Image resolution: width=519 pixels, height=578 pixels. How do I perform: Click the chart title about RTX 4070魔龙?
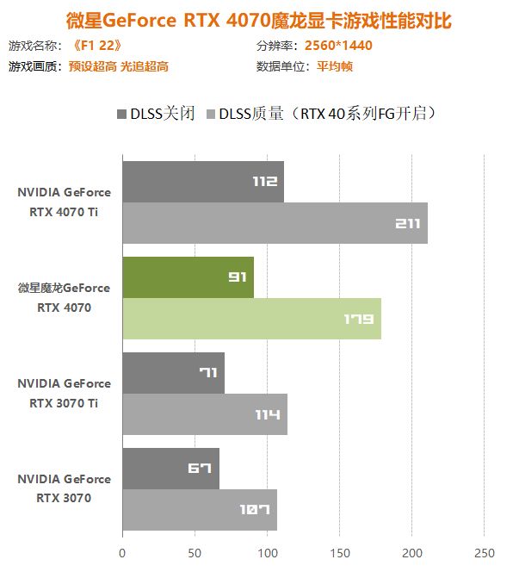(x=259, y=19)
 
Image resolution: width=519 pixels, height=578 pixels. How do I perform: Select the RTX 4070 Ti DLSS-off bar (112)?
(x=202, y=182)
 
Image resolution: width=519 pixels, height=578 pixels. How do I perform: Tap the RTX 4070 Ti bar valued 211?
(x=275, y=223)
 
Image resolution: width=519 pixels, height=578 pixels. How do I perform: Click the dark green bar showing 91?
(x=188, y=277)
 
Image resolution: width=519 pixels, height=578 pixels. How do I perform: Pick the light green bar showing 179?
(x=251, y=319)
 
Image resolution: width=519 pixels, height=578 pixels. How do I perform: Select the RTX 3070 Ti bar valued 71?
(x=173, y=373)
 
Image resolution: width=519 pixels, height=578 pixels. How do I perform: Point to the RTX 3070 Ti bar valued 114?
(x=204, y=414)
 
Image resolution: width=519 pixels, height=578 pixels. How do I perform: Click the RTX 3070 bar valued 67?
(x=170, y=469)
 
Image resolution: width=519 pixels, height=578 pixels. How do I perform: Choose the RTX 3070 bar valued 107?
(x=200, y=510)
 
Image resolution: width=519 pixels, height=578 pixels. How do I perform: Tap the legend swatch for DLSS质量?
(x=211, y=114)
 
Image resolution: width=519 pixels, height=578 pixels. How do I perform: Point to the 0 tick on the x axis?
(x=122, y=552)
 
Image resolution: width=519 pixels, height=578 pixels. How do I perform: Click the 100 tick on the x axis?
(x=267, y=552)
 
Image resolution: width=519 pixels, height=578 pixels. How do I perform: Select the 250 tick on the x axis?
(x=485, y=552)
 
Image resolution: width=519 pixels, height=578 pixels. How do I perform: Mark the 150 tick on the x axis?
(x=340, y=552)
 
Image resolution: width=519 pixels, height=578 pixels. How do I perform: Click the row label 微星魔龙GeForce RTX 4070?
(x=65, y=297)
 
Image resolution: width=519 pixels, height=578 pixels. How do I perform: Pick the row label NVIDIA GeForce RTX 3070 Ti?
(x=65, y=393)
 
